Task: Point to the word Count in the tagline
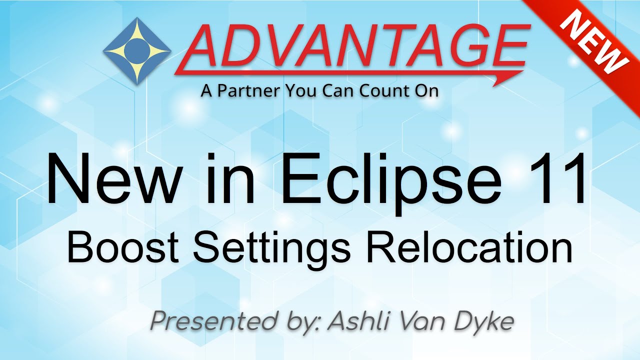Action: [x=384, y=91]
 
